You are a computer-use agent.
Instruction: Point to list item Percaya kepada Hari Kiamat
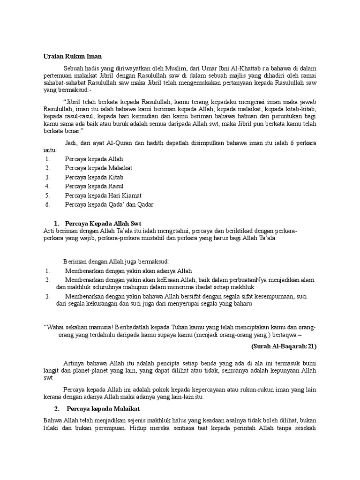103,195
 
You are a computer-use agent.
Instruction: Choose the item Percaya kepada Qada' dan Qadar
109,204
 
